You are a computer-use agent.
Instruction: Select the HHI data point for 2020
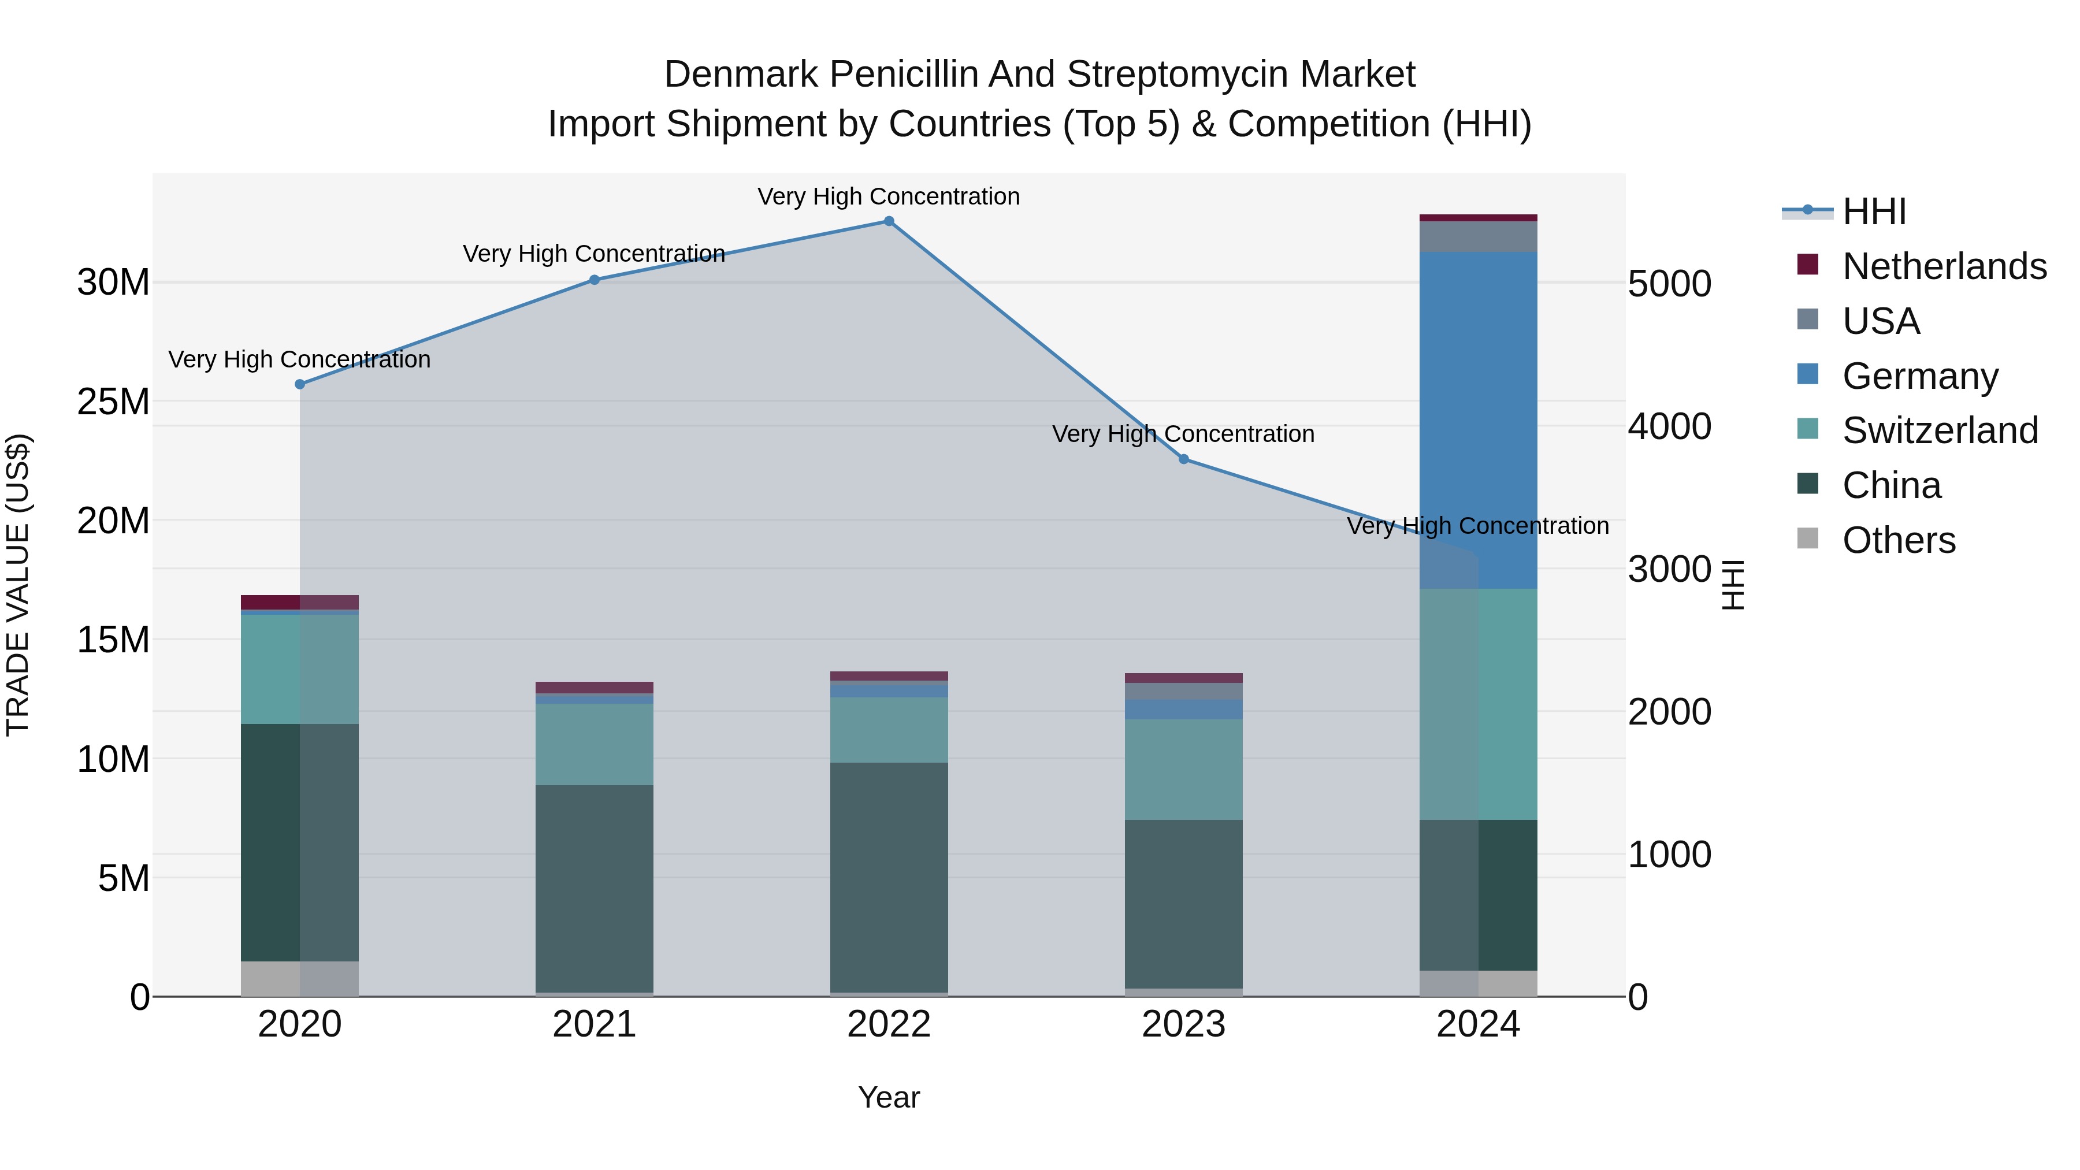[x=299, y=384]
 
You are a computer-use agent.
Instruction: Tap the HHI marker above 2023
[x=1184, y=459]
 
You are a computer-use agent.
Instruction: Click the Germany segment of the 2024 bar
[x=1479, y=420]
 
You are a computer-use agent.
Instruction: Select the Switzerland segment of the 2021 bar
[x=595, y=744]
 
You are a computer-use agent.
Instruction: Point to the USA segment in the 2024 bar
[x=1479, y=236]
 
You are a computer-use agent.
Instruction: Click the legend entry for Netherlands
[x=1944, y=266]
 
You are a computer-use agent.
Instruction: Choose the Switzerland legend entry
[x=1940, y=430]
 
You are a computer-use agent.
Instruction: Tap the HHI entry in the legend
[x=1873, y=211]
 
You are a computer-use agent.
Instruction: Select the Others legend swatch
[x=1808, y=538]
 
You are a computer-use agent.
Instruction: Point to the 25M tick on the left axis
[x=113, y=402]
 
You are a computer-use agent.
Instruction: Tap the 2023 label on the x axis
[x=1184, y=1024]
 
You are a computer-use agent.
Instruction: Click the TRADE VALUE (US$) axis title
[x=18, y=585]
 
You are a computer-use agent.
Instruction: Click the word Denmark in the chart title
[x=741, y=75]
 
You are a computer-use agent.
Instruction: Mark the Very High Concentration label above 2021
[x=595, y=254]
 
